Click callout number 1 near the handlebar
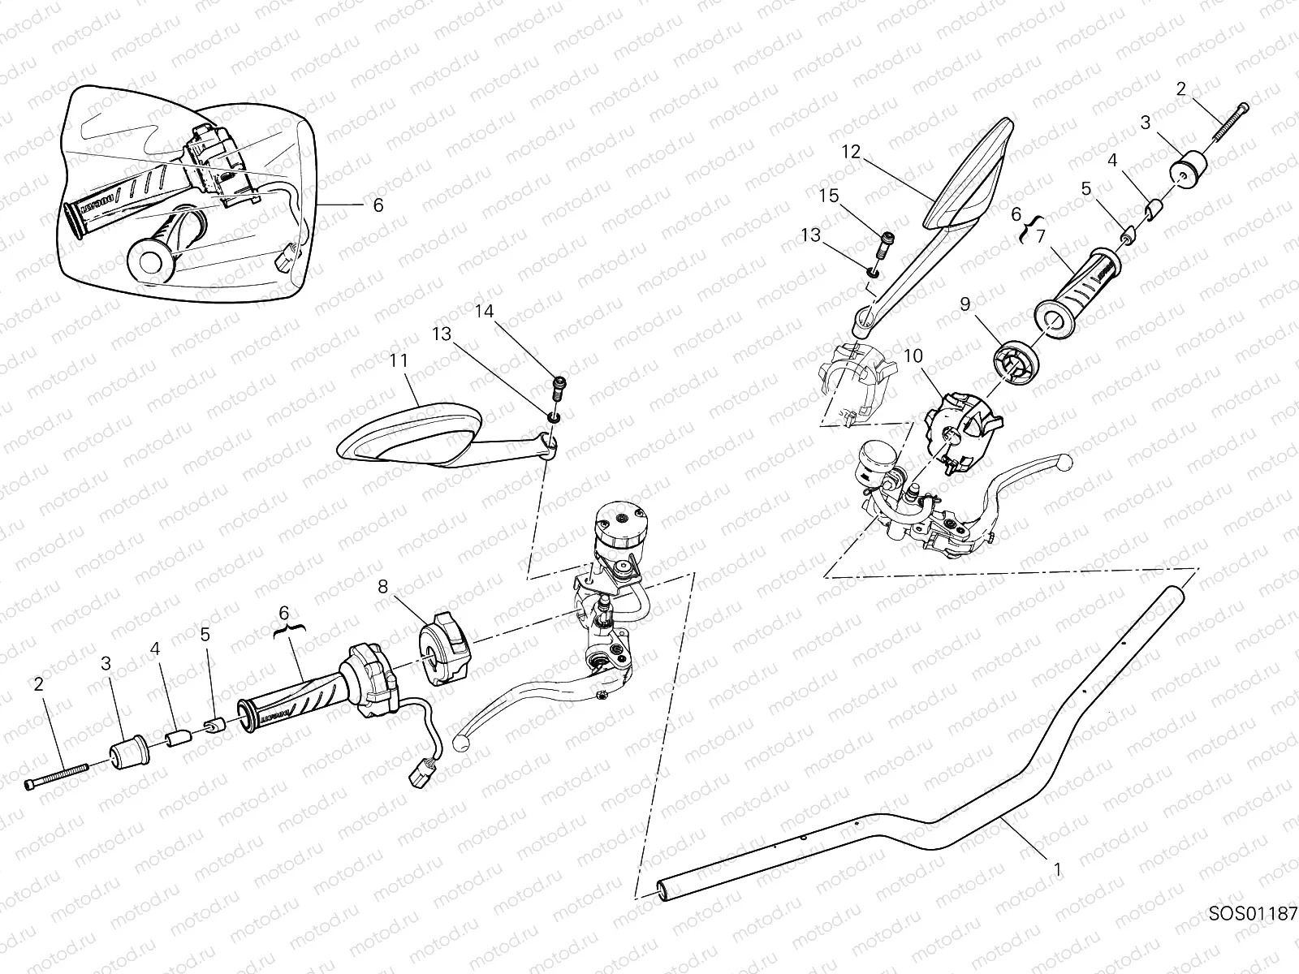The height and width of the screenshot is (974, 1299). [1057, 869]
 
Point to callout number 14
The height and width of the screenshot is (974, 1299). [484, 311]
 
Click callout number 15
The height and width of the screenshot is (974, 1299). [827, 196]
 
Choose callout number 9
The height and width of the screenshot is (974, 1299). [965, 304]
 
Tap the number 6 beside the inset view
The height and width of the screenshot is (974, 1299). [378, 205]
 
